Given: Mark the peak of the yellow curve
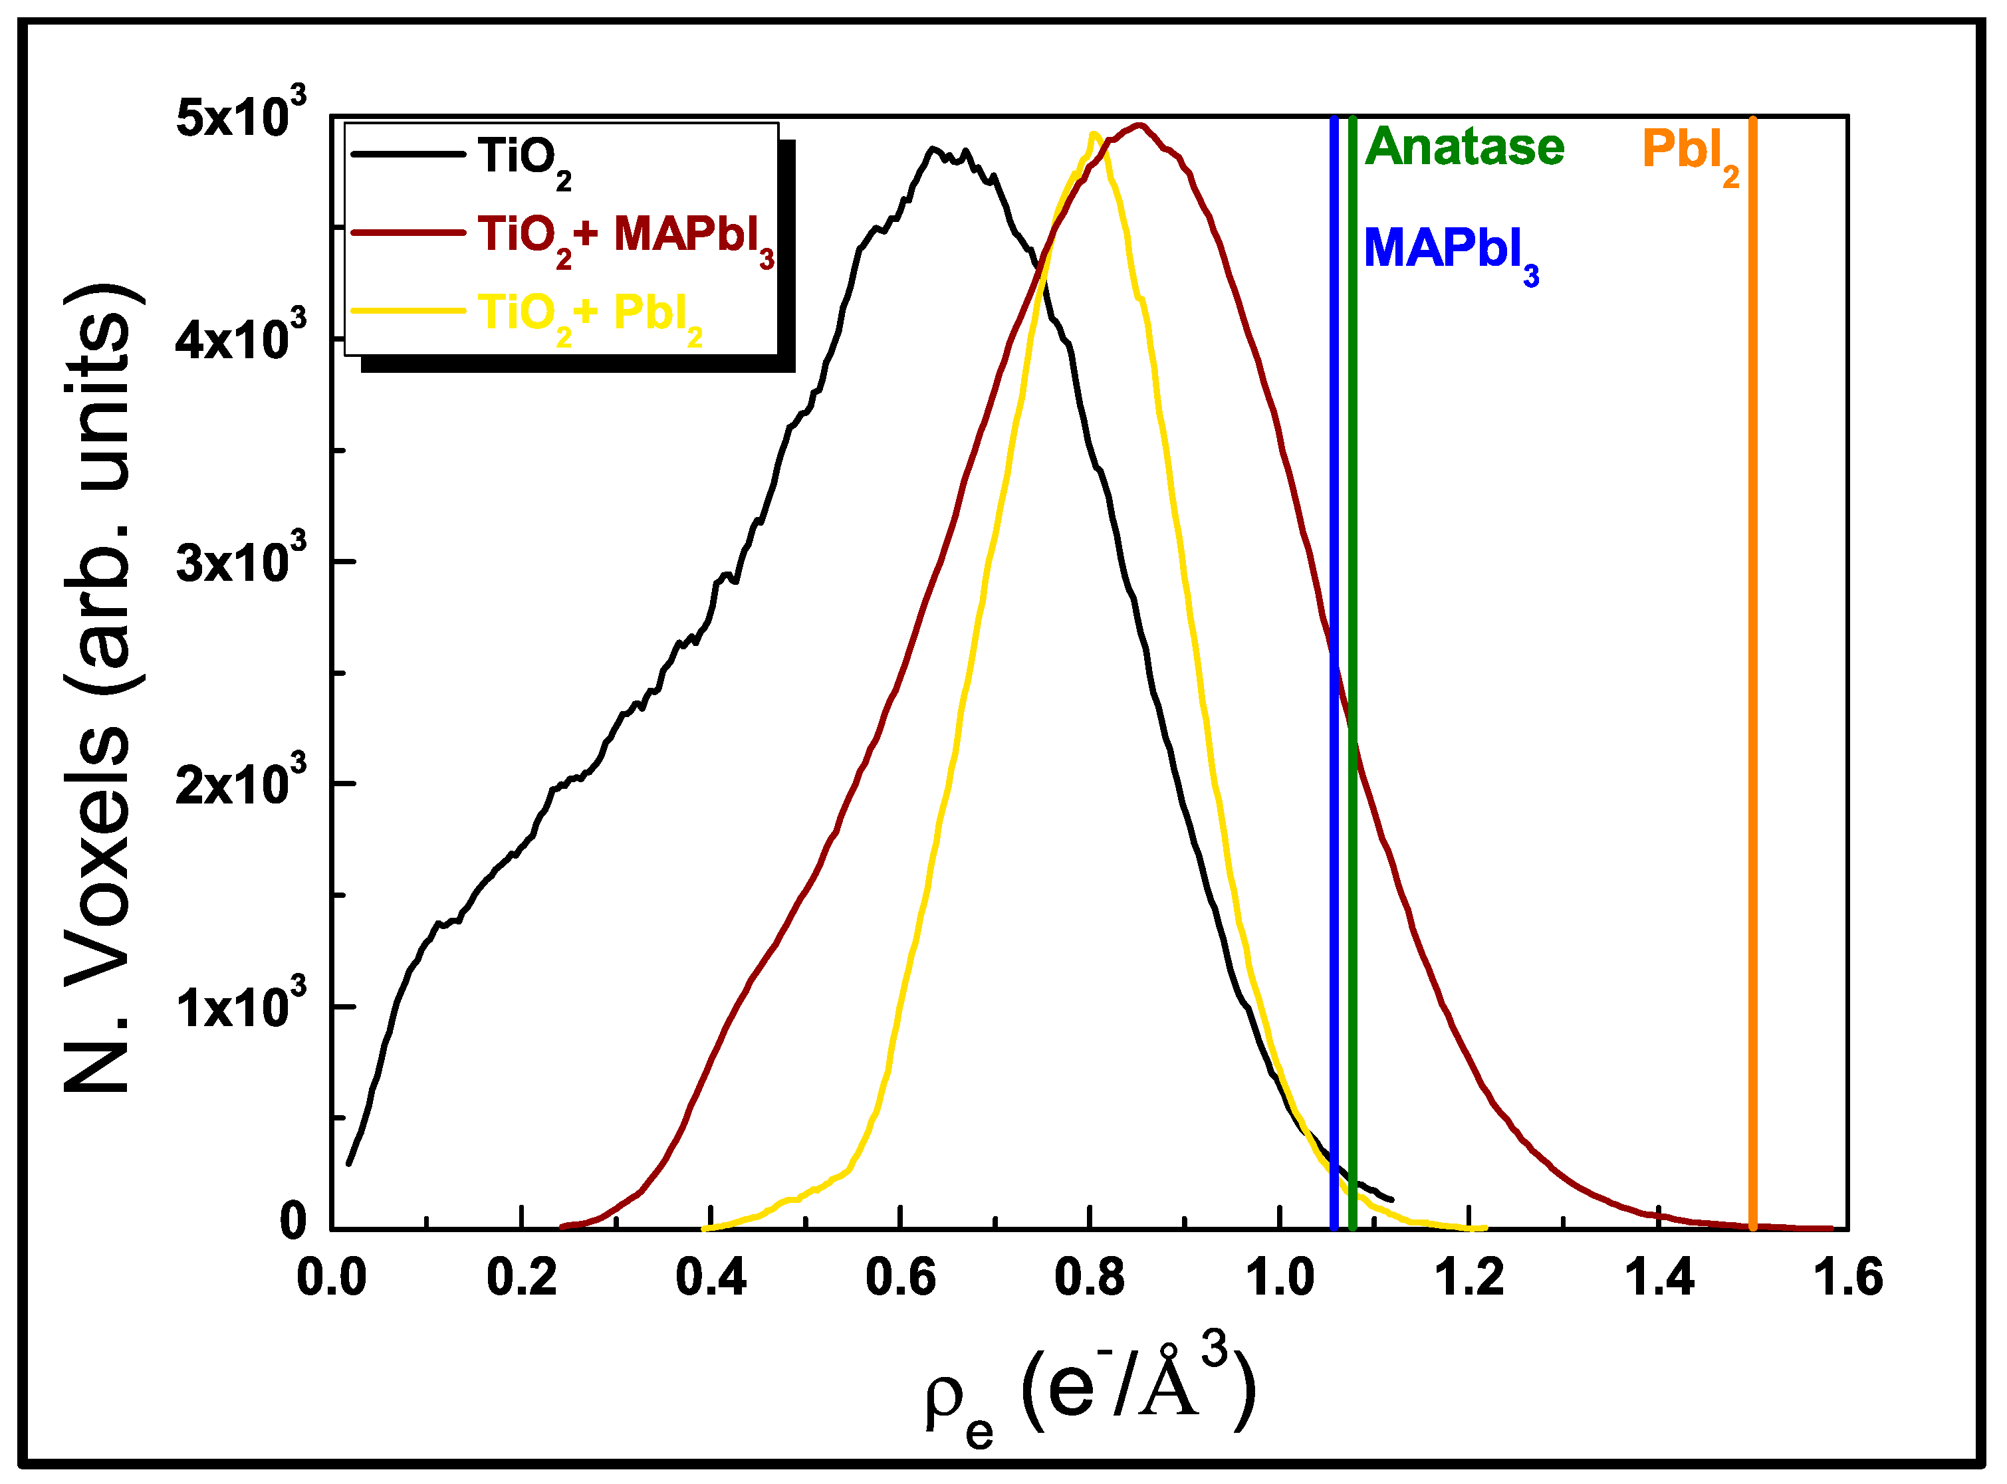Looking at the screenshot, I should pyautogui.click(x=1094, y=136).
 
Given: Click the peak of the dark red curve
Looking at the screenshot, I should pyautogui.click(x=1139, y=126).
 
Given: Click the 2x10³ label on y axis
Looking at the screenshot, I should pyautogui.click(x=240, y=784).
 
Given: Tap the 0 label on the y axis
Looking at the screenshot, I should pyautogui.click(x=293, y=1221).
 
